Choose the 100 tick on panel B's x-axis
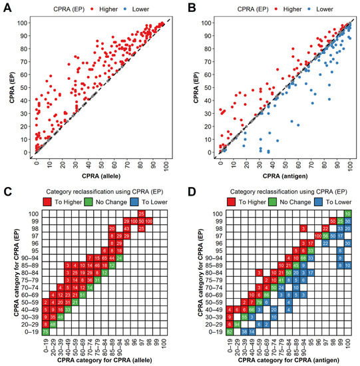(x=348, y=164)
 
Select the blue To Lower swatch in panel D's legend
(x=311, y=200)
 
